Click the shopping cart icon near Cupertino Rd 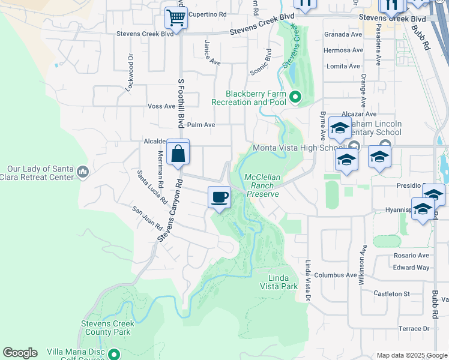[x=176, y=17]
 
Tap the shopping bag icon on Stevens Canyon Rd [x=178, y=153]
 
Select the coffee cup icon [x=220, y=197]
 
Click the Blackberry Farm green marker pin [x=295, y=96]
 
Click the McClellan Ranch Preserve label [x=262, y=185]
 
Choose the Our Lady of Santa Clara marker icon [x=83, y=173]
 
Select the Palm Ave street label [x=200, y=125]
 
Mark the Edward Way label [x=411, y=268]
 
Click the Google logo [x=20, y=353]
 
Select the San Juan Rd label [x=147, y=219]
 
